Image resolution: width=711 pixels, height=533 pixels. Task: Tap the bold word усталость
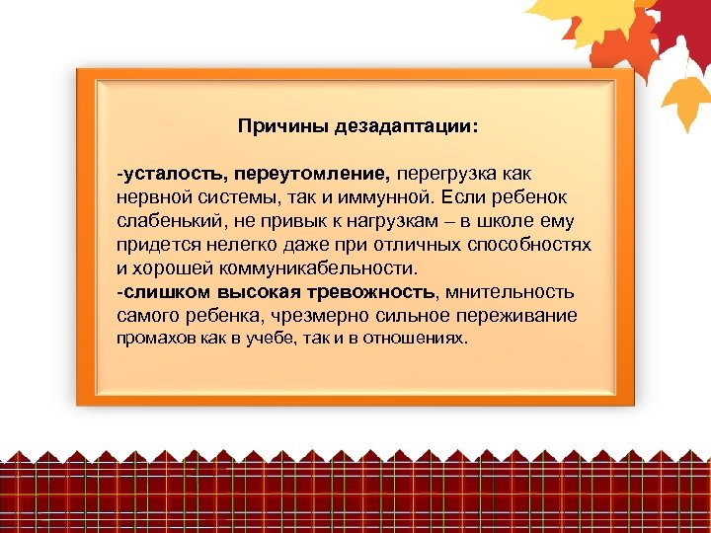[x=175, y=174]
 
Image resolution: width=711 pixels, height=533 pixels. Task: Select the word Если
[x=460, y=197]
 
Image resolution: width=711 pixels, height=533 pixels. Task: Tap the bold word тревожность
[x=370, y=292]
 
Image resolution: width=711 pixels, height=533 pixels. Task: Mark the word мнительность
[x=511, y=292]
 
